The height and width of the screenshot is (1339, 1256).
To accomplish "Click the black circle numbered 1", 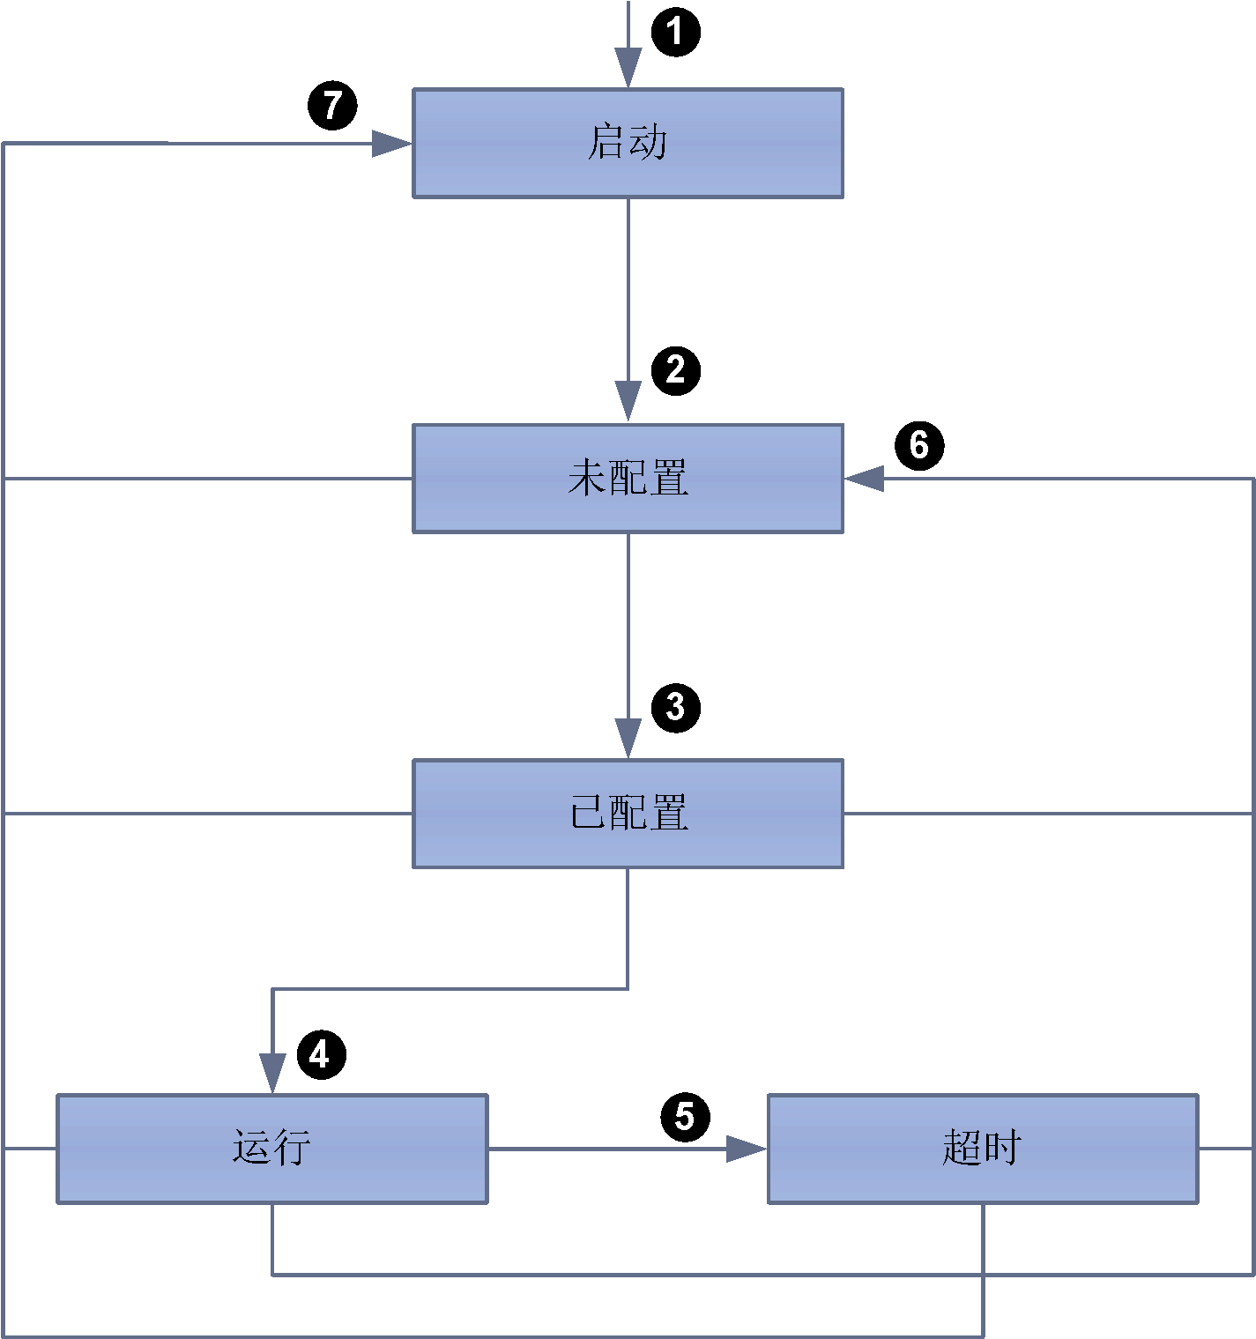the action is tap(675, 32).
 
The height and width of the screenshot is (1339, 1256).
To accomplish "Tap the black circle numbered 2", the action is tap(675, 371).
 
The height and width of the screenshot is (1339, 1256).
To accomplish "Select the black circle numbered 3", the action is tap(675, 708).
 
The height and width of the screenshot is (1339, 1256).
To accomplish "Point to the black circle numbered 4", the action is tap(322, 1054).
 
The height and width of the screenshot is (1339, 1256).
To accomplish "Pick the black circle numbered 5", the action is tap(685, 1117).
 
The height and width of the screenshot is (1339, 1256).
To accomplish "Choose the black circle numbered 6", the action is tap(919, 446).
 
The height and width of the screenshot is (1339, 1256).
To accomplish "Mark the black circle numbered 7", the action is tap(332, 105).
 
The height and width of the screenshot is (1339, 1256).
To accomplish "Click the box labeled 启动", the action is tap(628, 143).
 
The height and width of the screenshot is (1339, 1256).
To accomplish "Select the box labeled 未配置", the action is tap(628, 479).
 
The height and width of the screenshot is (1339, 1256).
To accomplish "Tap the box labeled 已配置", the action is tap(628, 814).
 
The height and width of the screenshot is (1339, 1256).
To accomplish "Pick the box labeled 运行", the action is tap(272, 1149).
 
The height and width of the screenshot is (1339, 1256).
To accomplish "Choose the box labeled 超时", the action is tap(983, 1149).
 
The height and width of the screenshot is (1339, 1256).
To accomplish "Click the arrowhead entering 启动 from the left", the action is tap(391, 144).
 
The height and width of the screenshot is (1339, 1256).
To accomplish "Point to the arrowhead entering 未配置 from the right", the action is tap(864, 479).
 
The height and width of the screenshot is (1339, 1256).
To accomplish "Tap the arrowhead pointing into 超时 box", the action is tap(747, 1149).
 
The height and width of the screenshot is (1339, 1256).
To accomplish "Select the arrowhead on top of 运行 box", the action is tap(272, 1074).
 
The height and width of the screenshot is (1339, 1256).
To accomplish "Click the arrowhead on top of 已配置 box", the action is tap(628, 739).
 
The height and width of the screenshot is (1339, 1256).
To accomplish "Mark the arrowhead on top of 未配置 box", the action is tap(628, 401).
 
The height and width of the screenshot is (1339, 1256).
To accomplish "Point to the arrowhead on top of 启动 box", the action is tap(628, 68).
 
